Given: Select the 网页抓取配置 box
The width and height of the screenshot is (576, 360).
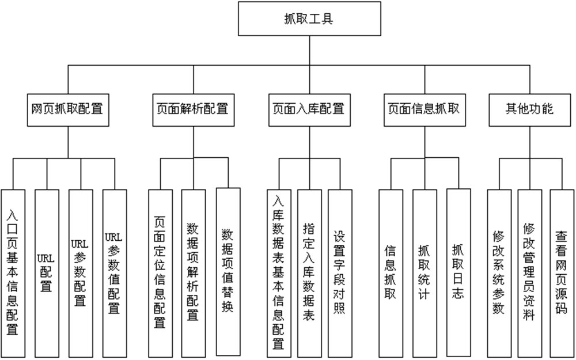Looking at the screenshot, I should click(67, 108).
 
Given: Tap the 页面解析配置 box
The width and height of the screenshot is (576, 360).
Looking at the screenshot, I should click(192, 108).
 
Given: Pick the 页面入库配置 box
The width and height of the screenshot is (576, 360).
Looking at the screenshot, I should click(308, 108).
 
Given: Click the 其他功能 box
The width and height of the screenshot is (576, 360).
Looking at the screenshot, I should click(529, 108).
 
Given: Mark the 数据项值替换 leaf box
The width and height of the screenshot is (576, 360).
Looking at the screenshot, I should click(228, 271).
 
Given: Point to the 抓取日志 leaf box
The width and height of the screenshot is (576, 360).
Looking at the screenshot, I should click(458, 271).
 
